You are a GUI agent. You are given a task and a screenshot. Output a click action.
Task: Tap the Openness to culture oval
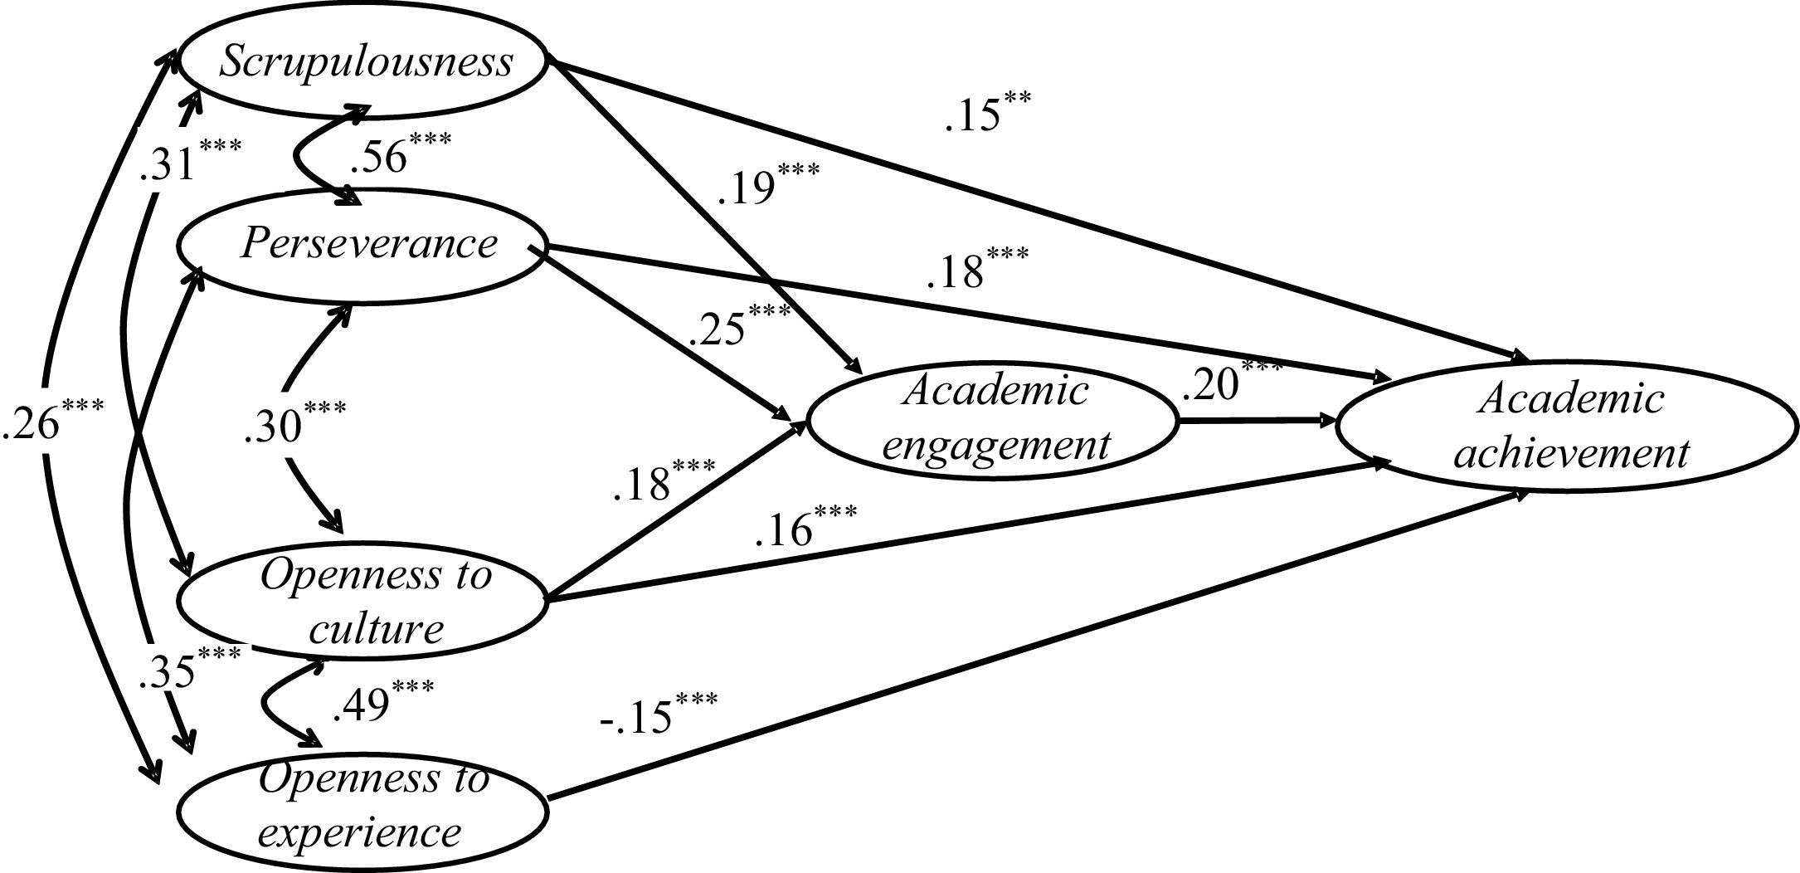[x=365, y=602]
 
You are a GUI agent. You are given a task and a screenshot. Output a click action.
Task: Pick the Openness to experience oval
[x=365, y=805]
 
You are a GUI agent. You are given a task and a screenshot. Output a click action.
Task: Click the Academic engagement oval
[x=992, y=420]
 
